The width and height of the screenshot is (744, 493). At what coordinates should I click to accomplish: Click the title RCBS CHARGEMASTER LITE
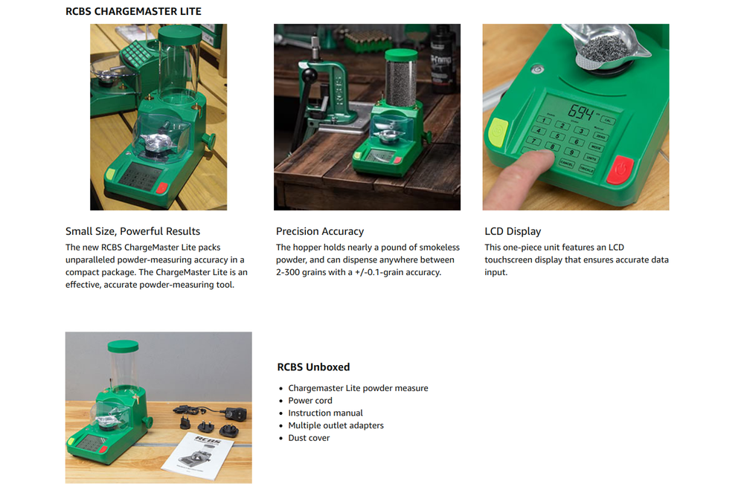pos(133,11)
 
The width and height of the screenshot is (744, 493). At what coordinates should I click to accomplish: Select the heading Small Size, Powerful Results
pos(133,231)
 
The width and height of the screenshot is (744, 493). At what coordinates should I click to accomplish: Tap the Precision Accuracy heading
pos(320,231)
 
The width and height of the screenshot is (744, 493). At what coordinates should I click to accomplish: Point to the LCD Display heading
pos(513,231)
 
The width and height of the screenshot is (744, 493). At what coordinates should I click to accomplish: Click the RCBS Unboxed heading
pos(313,367)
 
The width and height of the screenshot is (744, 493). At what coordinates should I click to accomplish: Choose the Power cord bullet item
pos(310,401)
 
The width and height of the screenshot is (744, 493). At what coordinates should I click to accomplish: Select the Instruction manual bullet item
pos(326,413)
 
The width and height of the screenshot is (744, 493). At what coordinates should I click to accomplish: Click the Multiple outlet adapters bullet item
pos(336,425)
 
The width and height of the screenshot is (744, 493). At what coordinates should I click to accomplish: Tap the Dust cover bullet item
pos(309,438)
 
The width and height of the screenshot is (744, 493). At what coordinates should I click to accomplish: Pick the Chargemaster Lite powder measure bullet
pos(359,387)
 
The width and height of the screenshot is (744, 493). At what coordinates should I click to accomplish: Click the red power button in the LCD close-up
pos(620,170)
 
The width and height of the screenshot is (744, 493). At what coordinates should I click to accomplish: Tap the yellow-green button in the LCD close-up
pos(498,132)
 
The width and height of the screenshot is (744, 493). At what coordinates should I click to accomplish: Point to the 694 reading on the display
pos(581,113)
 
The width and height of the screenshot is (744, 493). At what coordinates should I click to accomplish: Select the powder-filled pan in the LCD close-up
pos(603,48)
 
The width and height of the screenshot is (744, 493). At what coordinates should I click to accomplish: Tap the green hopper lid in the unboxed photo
pos(123,346)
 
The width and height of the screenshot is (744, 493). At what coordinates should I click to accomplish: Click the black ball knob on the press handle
pos(310,75)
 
